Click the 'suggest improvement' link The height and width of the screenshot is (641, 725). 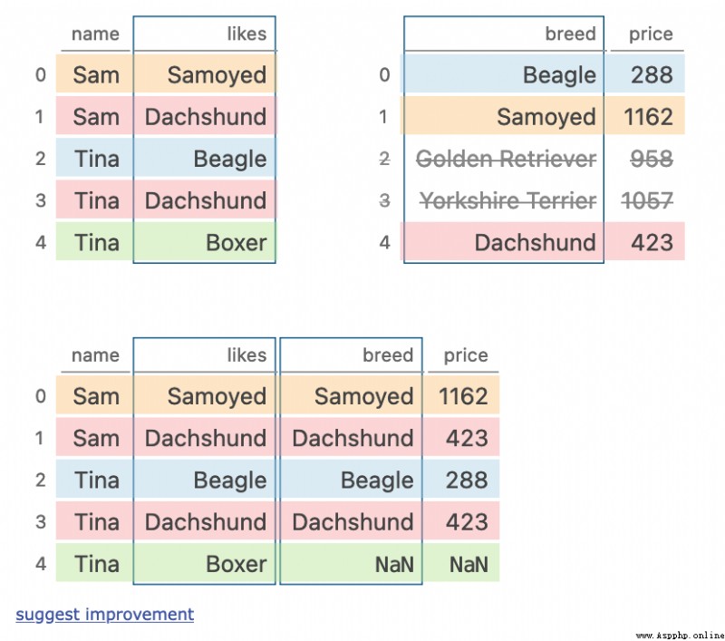pyautogui.click(x=105, y=615)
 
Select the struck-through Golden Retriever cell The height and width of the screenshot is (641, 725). pyautogui.click(x=506, y=159)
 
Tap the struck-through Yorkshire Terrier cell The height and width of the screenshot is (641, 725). pyautogui.click(x=507, y=200)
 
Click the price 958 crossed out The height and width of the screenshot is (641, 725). pyautogui.click(x=652, y=159)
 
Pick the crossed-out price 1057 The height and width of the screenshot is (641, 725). pyautogui.click(x=647, y=200)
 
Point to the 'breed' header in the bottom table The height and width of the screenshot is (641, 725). pyautogui.click(x=388, y=355)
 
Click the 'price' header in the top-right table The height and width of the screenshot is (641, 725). pyautogui.click(x=651, y=34)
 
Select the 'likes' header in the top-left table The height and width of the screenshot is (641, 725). pyautogui.click(x=246, y=34)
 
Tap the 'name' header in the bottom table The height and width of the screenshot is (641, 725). pyautogui.click(x=96, y=355)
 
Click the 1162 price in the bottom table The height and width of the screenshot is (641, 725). pyautogui.click(x=463, y=396)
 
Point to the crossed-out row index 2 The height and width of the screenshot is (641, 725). pyautogui.click(x=384, y=159)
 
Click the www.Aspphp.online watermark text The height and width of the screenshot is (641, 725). pyautogui.click(x=680, y=636)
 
